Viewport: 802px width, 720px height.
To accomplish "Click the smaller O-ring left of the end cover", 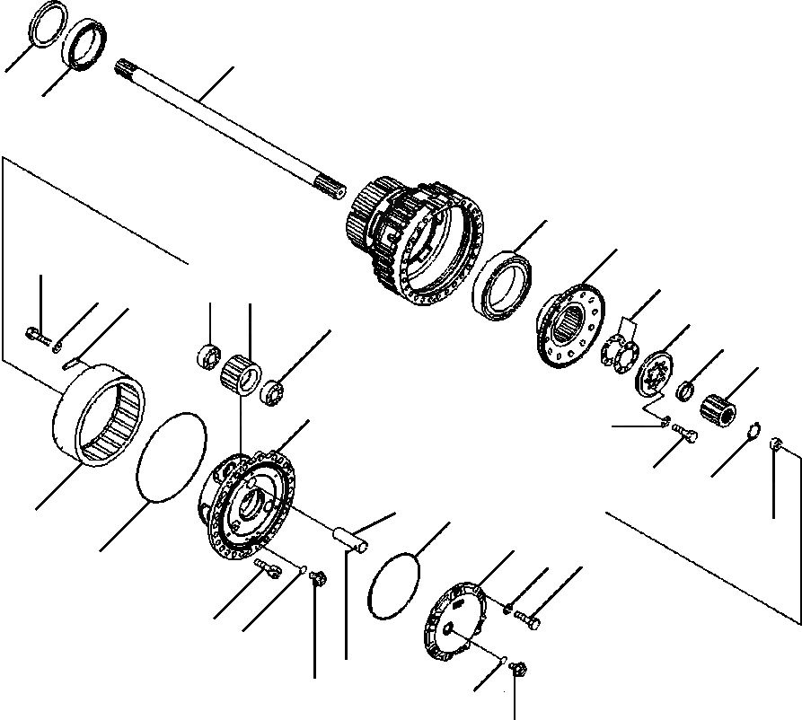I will click(393, 590).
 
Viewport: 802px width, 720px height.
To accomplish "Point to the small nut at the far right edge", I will click(778, 443).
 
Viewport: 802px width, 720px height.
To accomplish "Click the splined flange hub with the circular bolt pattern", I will click(571, 329).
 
